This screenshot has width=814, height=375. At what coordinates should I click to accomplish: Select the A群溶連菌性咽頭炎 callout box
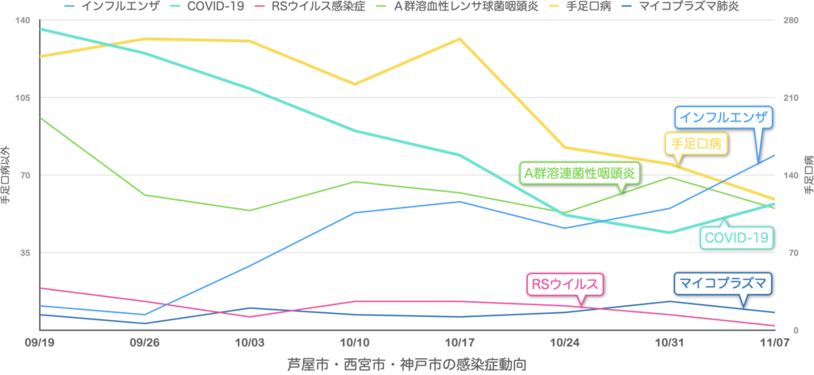(579, 173)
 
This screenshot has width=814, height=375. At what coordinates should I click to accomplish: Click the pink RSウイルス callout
(564, 283)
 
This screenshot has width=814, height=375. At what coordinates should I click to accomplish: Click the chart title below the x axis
(406, 363)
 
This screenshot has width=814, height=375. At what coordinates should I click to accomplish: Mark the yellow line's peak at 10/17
(459, 38)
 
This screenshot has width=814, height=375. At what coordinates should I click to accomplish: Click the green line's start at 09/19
(41, 118)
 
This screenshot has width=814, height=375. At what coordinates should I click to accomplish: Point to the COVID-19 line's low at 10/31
(669, 232)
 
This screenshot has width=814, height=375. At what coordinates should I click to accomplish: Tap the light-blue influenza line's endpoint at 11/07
(774, 156)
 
